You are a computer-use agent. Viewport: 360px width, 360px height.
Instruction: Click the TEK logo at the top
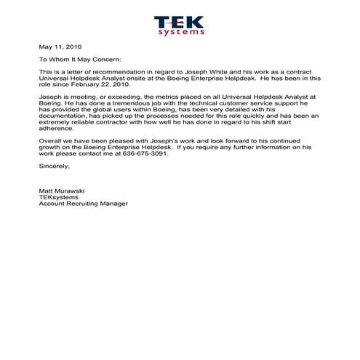pos(180,22)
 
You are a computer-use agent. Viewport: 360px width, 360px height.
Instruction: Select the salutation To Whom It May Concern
pos(81,60)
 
